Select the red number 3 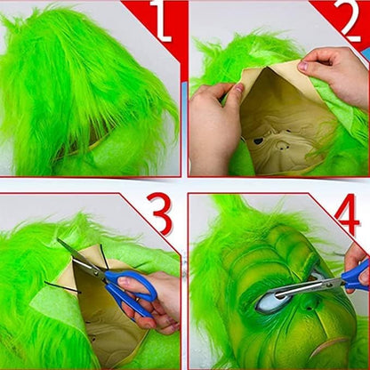(x=159, y=213)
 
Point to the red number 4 (x=347, y=214)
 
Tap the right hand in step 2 (x=335, y=74)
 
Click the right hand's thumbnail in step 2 (x=303, y=66)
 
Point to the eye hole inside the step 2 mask (x=259, y=141)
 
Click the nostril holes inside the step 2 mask (x=282, y=145)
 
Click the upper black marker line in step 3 (x=104, y=255)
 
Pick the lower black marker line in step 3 (x=62, y=287)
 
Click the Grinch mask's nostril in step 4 (x=310, y=306)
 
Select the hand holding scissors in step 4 (x=358, y=267)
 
